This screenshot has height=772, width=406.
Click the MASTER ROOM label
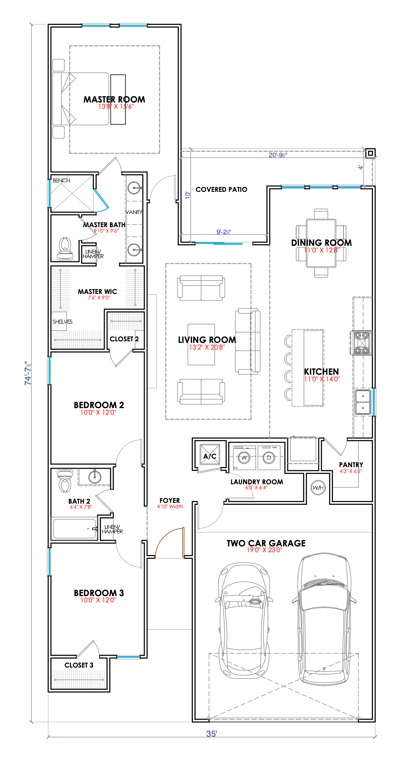[x=115, y=99]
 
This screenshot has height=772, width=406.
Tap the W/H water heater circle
[x=318, y=487]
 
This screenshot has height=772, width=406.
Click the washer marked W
[x=244, y=458]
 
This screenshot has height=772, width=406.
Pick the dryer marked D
[x=269, y=458]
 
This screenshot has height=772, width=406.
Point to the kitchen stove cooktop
[x=362, y=343]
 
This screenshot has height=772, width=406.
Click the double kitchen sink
[x=363, y=402]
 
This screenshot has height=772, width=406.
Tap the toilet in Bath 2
[x=65, y=481]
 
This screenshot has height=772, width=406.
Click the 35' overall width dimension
[x=212, y=734]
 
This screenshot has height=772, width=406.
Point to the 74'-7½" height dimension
[x=28, y=373]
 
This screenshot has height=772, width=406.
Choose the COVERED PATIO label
[x=221, y=190]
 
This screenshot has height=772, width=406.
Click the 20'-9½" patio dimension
[x=278, y=155]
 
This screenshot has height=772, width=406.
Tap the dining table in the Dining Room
[x=321, y=243]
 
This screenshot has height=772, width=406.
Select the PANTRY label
[x=351, y=465]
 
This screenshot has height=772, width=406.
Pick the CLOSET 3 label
[x=79, y=665]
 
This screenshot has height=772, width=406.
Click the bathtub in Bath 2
[x=75, y=529]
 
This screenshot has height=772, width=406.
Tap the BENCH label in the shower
[x=61, y=181]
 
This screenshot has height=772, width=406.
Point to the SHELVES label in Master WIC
[x=62, y=322]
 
